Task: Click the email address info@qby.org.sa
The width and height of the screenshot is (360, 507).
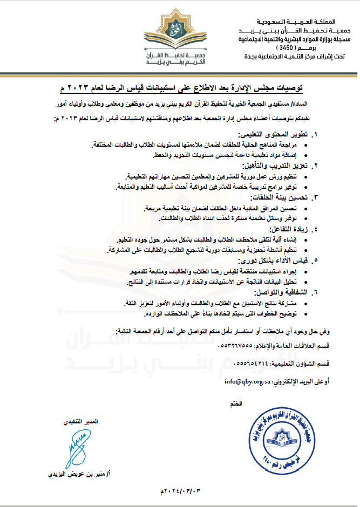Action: click(x=248, y=381)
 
